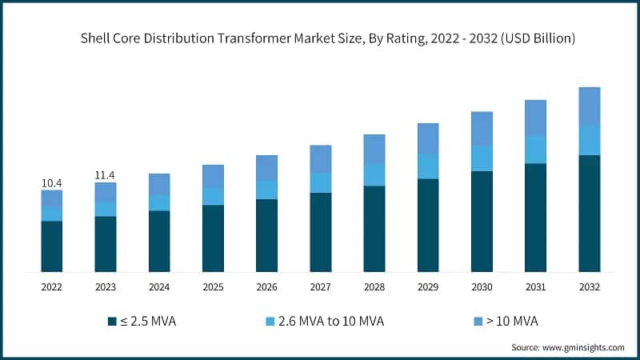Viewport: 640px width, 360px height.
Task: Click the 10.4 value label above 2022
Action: (x=52, y=183)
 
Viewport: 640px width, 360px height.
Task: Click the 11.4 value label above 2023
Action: (x=106, y=175)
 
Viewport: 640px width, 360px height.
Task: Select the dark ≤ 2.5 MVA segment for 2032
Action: (x=589, y=213)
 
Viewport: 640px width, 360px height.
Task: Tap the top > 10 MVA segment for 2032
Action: (x=589, y=106)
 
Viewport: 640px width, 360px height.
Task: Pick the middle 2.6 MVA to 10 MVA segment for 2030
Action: (x=482, y=158)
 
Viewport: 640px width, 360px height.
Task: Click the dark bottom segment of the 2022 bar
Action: (x=52, y=246)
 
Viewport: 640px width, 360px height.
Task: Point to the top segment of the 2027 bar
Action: (x=320, y=158)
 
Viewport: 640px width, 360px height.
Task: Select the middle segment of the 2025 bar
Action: (x=213, y=196)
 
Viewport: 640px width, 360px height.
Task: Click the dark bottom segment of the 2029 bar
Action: (x=428, y=225)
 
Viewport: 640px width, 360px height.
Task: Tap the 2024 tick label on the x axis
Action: (x=159, y=286)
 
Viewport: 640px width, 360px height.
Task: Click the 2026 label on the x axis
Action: (x=266, y=286)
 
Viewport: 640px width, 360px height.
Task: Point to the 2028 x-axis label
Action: (x=374, y=286)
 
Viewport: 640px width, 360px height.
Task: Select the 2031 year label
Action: (x=535, y=286)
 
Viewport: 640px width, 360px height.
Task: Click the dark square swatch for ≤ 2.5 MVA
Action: (x=113, y=322)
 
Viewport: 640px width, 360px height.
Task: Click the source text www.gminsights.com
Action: (x=584, y=347)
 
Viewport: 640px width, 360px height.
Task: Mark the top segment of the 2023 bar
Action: (x=106, y=192)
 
